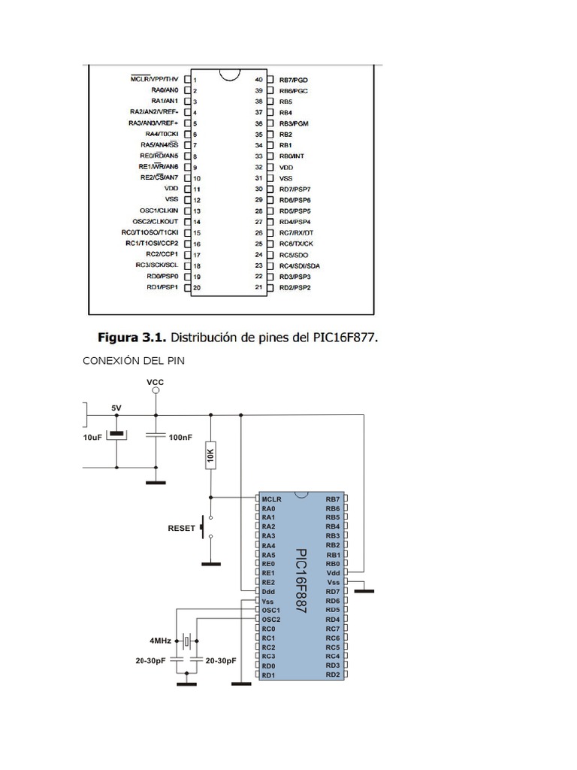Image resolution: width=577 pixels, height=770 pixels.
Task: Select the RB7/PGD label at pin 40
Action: (x=294, y=79)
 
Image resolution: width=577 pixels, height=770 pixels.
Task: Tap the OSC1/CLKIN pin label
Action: (x=159, y=211)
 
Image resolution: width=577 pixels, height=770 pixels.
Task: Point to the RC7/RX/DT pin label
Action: (x=296, y=232)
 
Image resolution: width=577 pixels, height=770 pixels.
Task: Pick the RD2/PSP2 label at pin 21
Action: (x=295, y=287)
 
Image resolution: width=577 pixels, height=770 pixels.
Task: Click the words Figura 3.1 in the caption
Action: (x=136, y=338)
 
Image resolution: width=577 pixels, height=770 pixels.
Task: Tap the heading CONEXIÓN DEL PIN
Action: (x=133, y=361)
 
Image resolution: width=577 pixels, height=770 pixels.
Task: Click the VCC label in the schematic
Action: (x=156, y=382)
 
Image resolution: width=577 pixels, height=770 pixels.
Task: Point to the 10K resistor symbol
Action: (x=211, y=455)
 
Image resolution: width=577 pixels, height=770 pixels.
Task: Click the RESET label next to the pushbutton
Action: (x=182, y=528)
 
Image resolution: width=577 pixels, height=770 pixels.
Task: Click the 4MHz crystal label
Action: (x=160, y=641)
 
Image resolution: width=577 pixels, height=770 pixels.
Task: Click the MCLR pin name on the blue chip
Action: (x=271, y=499)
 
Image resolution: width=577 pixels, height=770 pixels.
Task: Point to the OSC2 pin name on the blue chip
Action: (x=271, y=619)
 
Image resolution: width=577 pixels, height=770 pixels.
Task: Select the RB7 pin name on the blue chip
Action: (x=333, y=499)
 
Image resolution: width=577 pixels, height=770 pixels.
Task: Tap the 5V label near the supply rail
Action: (x=116, y=408)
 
